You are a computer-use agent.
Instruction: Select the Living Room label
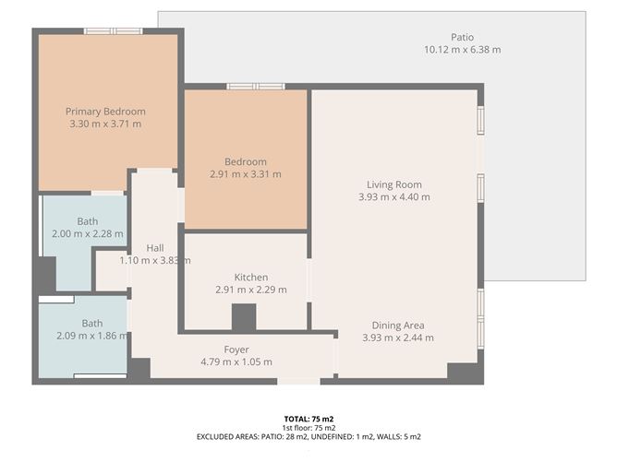(x=393, y=184)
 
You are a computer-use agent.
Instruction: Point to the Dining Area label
(x=398, y=326)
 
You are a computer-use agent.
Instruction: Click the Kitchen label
(x=250, y=278)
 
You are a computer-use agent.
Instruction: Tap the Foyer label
(x=236, y=349)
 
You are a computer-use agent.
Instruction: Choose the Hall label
(x=155, y=248)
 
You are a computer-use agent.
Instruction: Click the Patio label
(x=462, y=38)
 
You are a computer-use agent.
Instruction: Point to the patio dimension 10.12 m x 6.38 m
(x=462, y=50)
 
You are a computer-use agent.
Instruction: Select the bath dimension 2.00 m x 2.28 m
(x=88, y=234)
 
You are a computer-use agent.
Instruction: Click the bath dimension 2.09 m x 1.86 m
(x=91, y=337)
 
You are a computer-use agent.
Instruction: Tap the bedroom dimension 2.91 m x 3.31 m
(x=247, y=173)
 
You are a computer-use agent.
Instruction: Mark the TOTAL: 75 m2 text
(x=308, y=420)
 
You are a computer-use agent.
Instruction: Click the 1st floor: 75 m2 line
(x=308, y=428)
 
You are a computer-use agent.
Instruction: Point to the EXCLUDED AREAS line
(x=308, y=436)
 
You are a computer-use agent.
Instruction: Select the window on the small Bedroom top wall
(x=254, y=87)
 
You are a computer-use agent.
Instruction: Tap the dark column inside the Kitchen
(x=244, y=316)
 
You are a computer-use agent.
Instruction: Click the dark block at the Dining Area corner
(x=460, y=371)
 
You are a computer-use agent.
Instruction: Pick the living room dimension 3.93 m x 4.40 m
(x=393, y=196)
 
